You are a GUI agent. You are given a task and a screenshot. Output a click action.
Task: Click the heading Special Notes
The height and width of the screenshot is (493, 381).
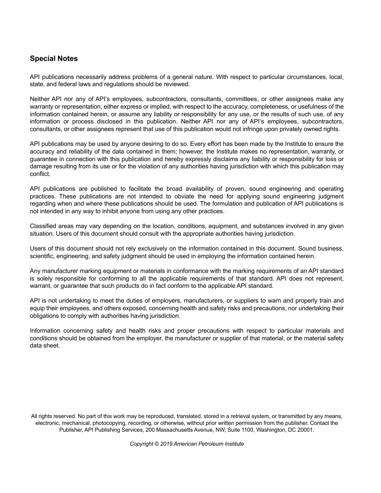[x=54, y=59]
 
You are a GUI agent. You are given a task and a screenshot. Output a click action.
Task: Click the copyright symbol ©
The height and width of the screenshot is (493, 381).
[x=156, y=444]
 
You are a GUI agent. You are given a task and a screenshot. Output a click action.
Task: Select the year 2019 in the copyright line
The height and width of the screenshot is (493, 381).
[x=166, y=444]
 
